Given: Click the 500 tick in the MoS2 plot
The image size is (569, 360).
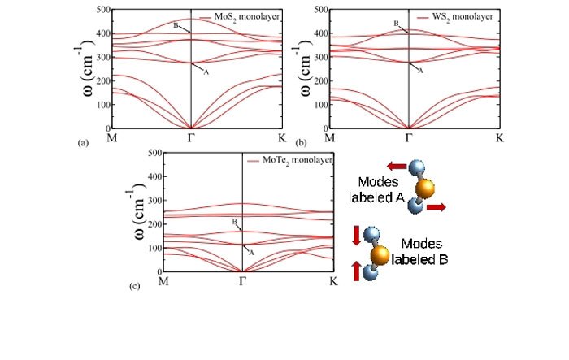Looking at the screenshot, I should click(x=98, y=10).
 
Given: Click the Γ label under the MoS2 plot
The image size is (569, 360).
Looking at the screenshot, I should click(x=190, y=139).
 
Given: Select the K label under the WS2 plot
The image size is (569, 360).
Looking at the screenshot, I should click(x=499, y=139).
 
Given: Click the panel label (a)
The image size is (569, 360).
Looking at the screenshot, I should click(x=82, y=142).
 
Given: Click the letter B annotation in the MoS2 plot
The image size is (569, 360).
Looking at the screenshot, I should click(x=175, y=25).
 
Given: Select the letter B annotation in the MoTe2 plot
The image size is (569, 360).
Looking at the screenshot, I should click(x=234, y=222).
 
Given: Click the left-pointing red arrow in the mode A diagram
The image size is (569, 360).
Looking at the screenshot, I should click(x=397, y=167).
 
